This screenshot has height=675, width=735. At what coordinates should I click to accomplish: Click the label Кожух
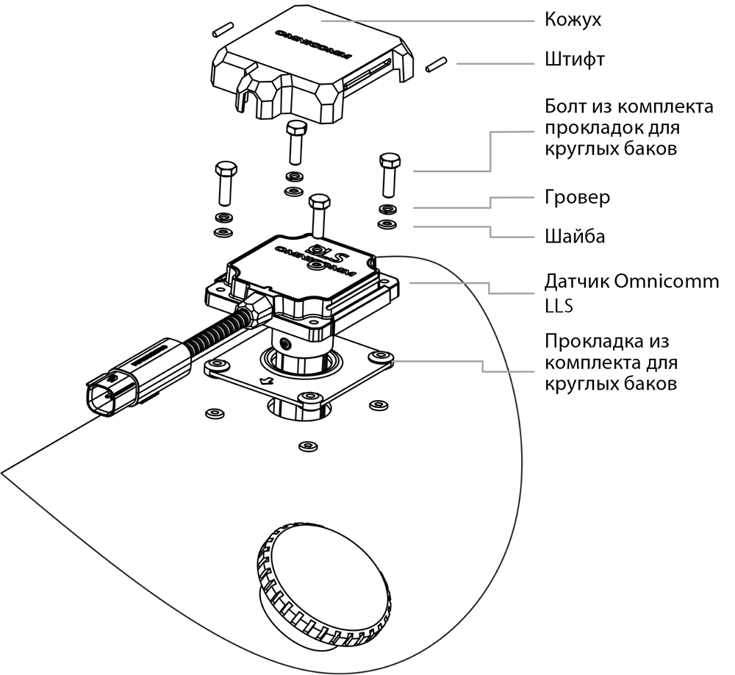[573, 20]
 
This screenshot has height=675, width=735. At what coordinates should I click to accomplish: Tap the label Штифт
[574, 59]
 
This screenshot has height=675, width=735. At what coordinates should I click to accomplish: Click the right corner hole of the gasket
[381, 358]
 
